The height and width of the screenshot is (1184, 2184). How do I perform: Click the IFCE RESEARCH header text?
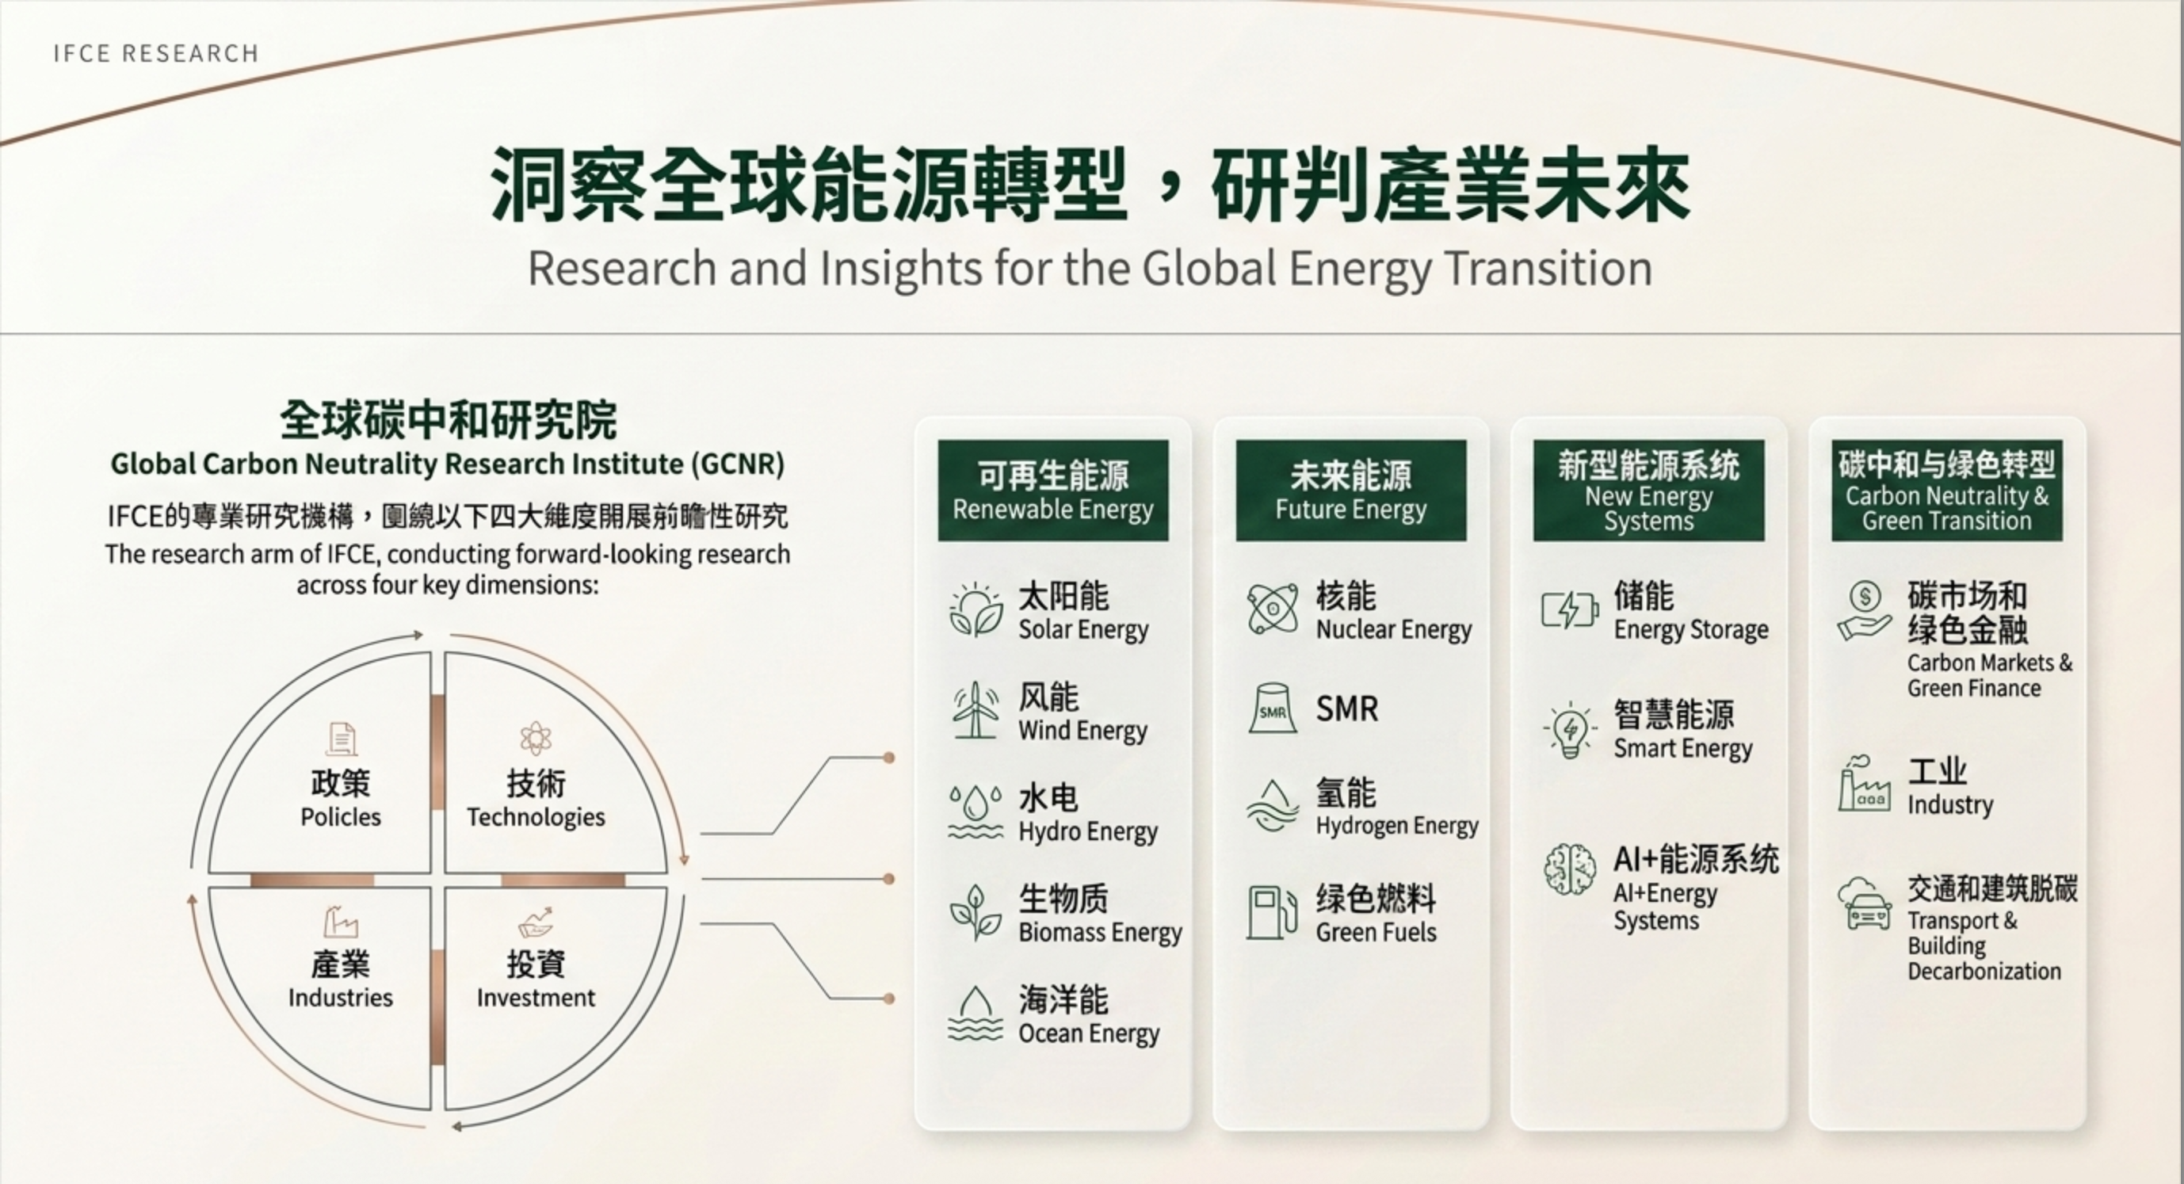(x=155, y=53)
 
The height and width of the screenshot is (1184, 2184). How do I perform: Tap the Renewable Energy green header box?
(x=1053, y=491)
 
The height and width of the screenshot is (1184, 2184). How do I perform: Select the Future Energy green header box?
(x=1350, y=491)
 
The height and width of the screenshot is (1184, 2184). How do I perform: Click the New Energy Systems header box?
(x=1649, y=491)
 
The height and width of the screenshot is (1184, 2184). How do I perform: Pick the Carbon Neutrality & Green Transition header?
(x=1946, y=491)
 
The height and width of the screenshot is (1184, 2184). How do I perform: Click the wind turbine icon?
(x=975, y=710)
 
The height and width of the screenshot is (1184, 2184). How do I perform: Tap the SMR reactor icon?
(x=1273, y=708)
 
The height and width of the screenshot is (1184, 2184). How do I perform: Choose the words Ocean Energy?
(x=1089, y=1034)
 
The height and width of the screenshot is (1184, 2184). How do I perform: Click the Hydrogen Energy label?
(x=1397, y=825)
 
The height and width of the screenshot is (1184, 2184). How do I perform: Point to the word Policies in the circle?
(x=341, y=817)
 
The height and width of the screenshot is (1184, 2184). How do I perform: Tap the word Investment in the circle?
(x=536, y=998)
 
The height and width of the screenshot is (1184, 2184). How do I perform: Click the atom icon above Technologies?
(x=536, y=739)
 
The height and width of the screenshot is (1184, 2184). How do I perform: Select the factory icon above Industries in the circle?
(x=341, y=921)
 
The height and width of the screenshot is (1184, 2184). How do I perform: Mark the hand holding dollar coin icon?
(x=1865, y=612)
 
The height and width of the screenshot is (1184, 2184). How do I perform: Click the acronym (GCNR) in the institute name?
(x=738, y=464)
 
